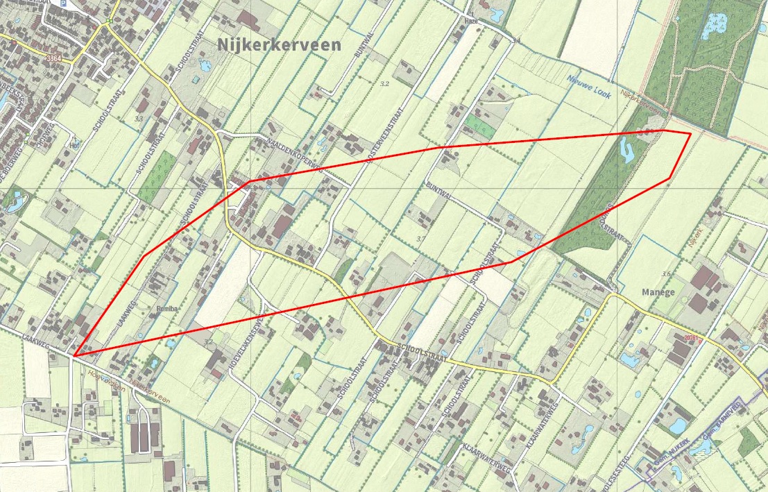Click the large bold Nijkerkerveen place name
[279, 45]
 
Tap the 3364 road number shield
[51, 59]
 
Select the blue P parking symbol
[65, 4]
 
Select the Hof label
[75, 146]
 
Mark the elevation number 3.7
[420, 239]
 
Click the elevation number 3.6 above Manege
[666, 274]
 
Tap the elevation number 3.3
[139, 119]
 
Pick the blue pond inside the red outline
[628, 150]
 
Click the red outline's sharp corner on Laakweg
[73, 356]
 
